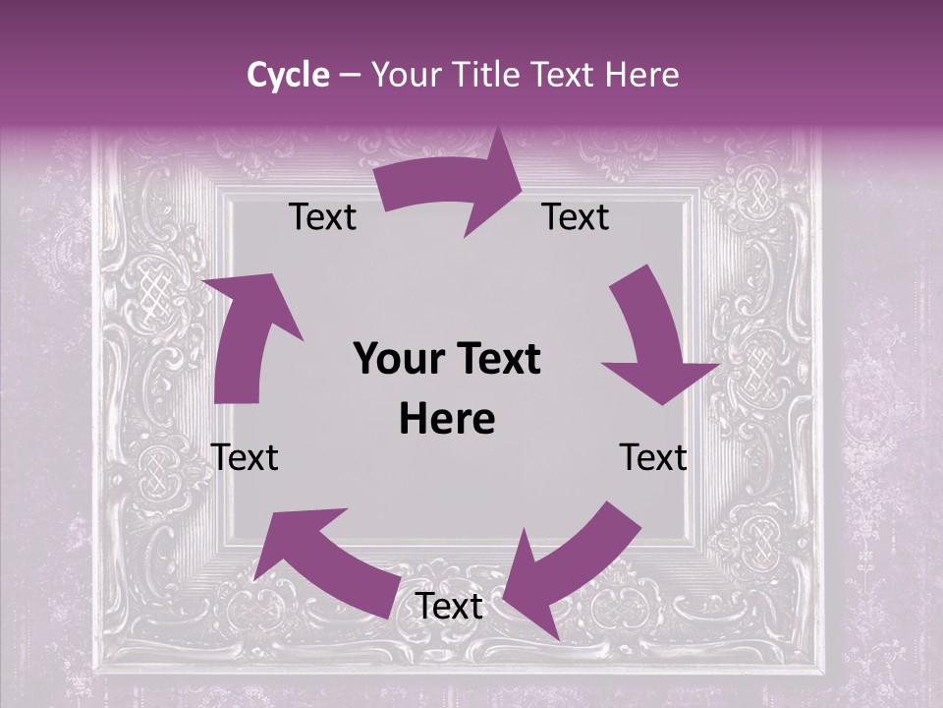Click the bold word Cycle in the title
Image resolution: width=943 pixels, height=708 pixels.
(x=288, y=75)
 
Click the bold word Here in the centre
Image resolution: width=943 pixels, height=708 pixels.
(x=447, y=420)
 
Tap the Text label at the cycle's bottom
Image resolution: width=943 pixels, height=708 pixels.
(x=449, y=607)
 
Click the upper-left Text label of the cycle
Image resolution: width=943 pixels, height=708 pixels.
(x=322, y=217)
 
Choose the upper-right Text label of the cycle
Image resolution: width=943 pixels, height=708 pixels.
(x=576, y=217)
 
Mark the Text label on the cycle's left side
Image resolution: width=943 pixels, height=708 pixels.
(x=245, y=457)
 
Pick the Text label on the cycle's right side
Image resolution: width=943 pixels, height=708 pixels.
(x=653, y=457)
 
